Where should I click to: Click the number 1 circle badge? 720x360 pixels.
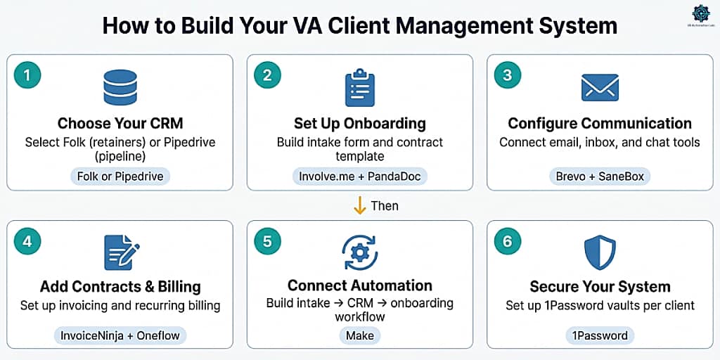(x=27, y=75)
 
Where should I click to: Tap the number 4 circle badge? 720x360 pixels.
(x=27, y=241)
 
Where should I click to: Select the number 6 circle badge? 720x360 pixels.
(x=508, y=241)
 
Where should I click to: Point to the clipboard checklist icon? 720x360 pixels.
(x=359, y=87)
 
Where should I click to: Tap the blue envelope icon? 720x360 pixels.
(x=600, y=87)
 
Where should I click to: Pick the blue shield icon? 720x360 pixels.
(x=600, y=252)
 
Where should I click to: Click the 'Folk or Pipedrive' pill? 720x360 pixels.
(x=120, y=176)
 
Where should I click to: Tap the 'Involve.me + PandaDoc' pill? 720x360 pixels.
(x=360, y=176)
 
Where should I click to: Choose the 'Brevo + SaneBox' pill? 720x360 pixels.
(x=600, y=176)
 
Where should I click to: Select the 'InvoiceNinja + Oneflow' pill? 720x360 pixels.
(x=120, y=335)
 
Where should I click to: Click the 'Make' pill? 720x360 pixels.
(x=360, y=335)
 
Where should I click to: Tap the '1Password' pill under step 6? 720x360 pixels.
(x=600, y=335)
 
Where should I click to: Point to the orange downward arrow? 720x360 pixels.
(x=359, y=205)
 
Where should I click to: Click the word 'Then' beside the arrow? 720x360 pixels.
(x=384, y=206)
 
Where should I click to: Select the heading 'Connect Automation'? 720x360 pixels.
(x=360, y=285)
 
